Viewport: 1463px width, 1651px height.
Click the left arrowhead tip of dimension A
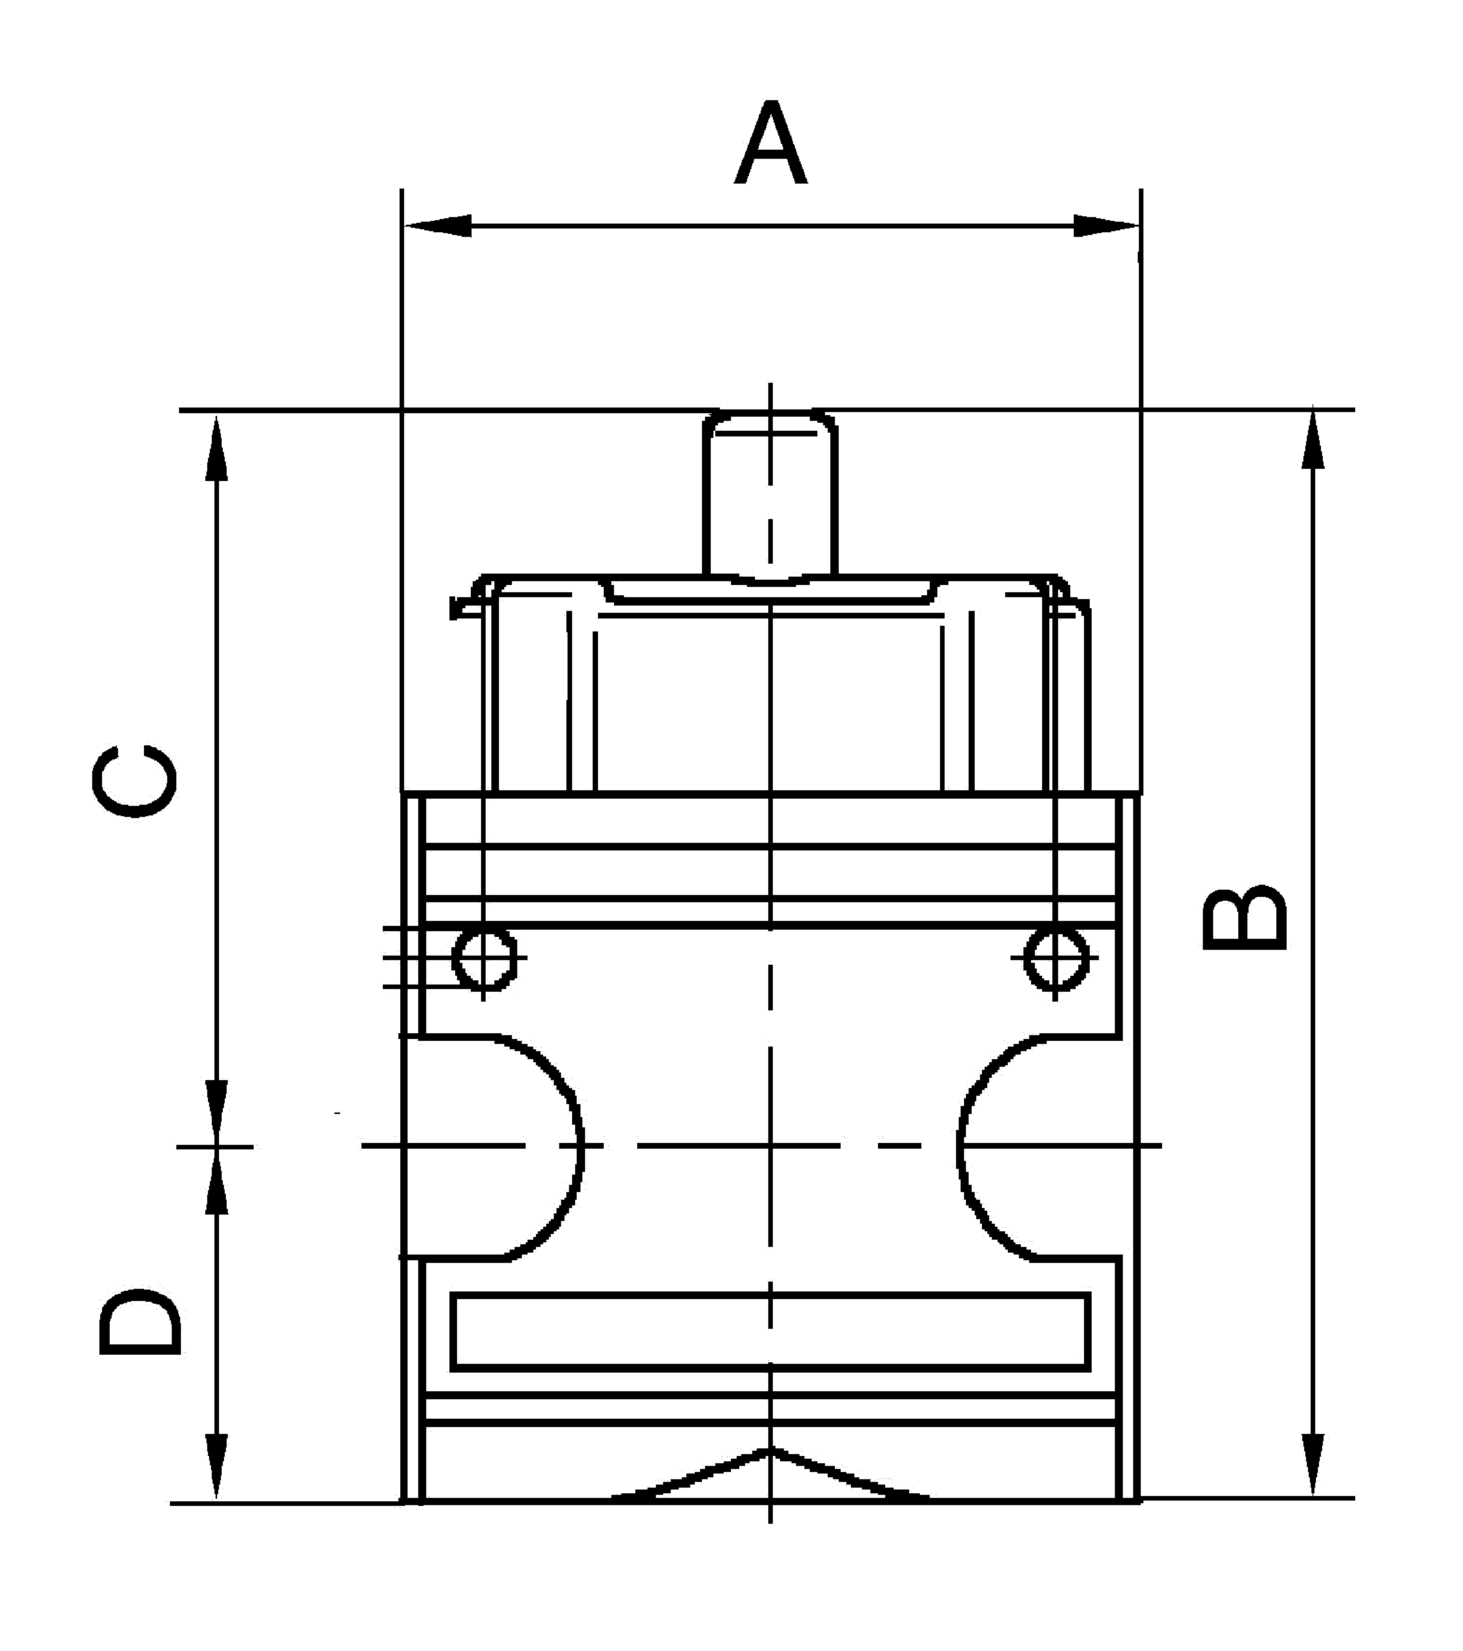coord(404,225)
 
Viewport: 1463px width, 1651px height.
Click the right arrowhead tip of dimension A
coord(1139,225)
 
